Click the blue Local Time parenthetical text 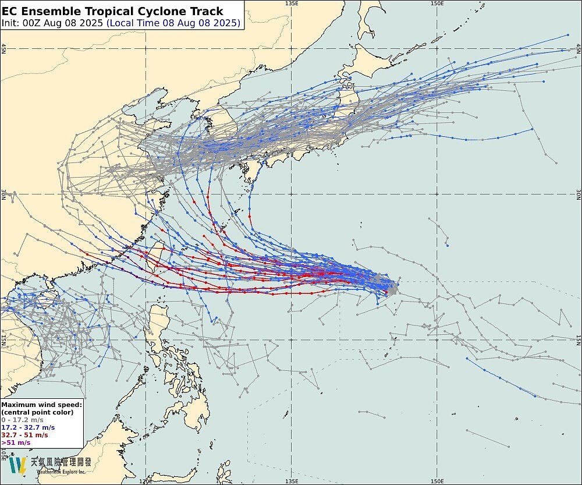(173, 23)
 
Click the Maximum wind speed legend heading (42, 404)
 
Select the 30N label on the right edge (578, 194)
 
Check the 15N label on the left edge (3, 340)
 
